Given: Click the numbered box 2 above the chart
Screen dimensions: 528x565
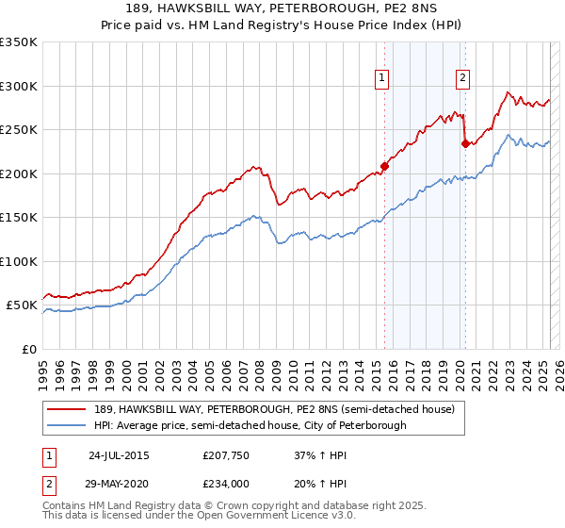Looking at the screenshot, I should [463, 78].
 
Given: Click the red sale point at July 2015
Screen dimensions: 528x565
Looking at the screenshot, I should [384, 167].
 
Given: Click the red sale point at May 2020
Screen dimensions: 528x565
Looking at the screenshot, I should [465, 143].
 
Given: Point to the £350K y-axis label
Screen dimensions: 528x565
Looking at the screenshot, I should [18, 42].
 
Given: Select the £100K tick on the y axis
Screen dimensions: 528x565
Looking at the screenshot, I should [18, 261].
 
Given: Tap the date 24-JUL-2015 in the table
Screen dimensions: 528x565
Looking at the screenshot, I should [119, 454].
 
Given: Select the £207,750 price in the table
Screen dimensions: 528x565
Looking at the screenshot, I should [226, 454].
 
